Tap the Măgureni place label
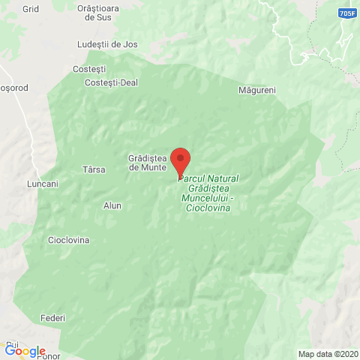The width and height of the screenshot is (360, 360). [x=257, y=90]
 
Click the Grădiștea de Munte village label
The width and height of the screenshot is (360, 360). [x=147, y=163]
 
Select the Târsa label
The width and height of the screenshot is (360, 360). [x=93, y=169]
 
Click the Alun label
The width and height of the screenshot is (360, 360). [x=112, y=205]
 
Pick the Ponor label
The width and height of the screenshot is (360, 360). [x=34, y=356]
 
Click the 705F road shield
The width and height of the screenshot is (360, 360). [x=346, y=13]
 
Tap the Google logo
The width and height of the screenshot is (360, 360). [x=24, y=351]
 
